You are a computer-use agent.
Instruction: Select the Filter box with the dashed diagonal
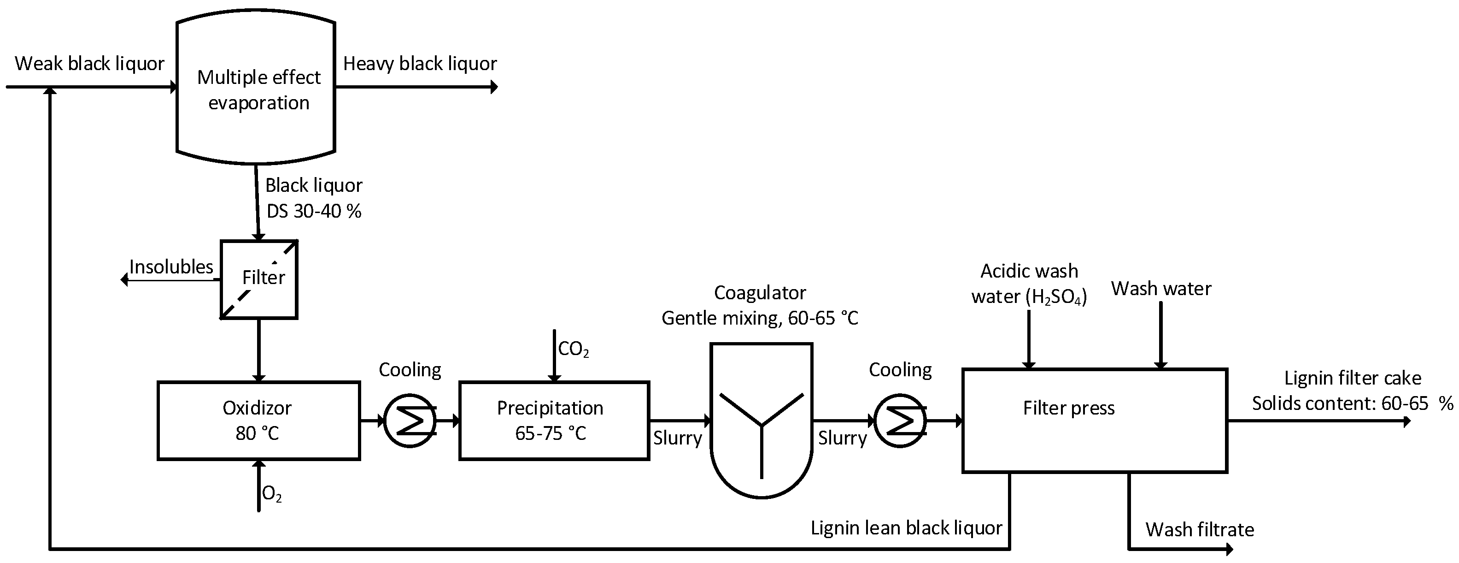click(x=259, y=279)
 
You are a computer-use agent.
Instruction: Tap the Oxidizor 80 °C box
click(x=258, y=420)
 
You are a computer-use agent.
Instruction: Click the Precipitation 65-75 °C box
click(x=553, y=420)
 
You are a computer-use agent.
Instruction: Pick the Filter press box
click(x=1094, y=420)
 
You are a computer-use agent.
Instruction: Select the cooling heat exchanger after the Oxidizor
click(x=410, y=421)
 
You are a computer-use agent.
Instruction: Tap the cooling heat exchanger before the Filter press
click(x=900, y=421)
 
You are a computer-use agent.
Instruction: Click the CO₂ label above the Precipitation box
click(x=573, y=349)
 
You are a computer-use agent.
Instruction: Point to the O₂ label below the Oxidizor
click(x=272, y=494)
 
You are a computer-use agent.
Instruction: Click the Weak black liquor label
click(x=89, y=64)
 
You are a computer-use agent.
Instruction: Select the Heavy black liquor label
click(x=420, y=64)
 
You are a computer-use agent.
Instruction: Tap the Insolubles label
click(x=171, y=267)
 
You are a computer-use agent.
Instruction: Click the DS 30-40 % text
click(x=314, y=212)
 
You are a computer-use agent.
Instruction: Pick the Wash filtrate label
click(x=1200, y=529)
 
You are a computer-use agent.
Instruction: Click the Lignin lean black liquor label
click(x=906, y=528)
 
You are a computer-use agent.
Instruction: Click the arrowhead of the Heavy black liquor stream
click(x=494, y=87)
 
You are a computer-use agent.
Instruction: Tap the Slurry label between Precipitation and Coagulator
click(x=677, y=438)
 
